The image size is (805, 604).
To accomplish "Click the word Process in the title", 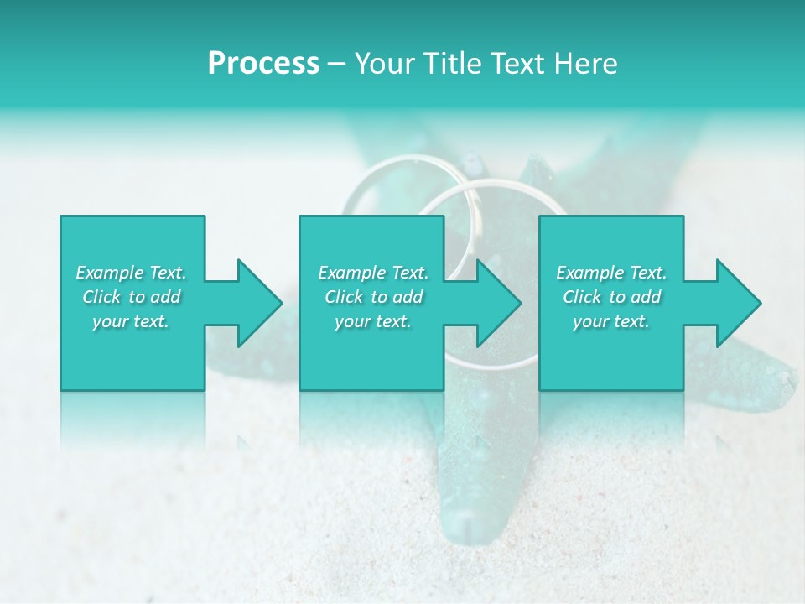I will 263,64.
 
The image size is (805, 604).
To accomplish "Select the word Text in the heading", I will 519,64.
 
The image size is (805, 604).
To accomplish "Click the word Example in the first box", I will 110,273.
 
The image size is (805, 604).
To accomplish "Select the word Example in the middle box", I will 352,273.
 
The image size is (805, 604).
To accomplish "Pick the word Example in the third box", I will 590,273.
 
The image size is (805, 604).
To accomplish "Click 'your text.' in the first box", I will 131,321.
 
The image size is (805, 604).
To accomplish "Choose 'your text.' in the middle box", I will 373,321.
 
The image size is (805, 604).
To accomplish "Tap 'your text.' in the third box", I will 611,321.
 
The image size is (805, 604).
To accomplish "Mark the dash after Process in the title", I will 337,65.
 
